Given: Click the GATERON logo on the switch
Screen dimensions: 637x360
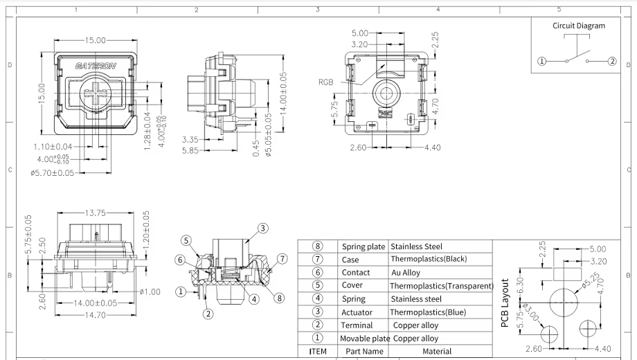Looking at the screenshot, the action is coord(96,66).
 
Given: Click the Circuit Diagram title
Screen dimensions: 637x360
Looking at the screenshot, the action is coord(579,26).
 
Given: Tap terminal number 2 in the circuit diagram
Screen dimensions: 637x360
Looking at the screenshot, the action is coord(612,62).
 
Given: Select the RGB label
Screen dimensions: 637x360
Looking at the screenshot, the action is coord(326,82).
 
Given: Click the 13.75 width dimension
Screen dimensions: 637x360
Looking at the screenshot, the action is coord(95,213).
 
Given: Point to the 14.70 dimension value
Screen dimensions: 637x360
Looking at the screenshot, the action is coord(95,315).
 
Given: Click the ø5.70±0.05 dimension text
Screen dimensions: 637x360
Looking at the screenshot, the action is coord(53,173).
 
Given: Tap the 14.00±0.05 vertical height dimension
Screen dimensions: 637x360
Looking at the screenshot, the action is coord(284,93).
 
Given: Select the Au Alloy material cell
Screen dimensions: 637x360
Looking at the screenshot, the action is coord(406,273).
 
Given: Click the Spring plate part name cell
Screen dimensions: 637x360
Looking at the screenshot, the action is coord(364,246).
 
